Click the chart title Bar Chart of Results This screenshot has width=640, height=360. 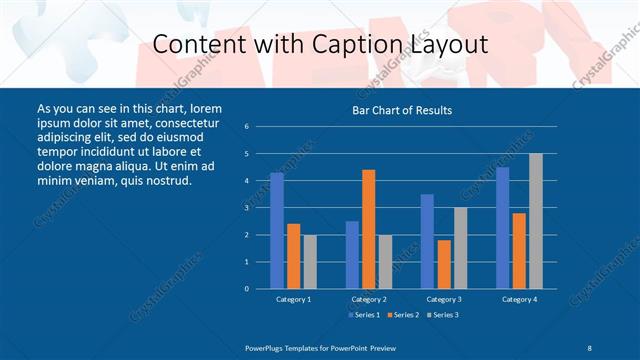(402, 109)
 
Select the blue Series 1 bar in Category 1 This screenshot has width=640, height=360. (277, 231)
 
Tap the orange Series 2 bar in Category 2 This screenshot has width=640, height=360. (369, 229)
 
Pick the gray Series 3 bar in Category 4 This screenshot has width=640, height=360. (536, 221)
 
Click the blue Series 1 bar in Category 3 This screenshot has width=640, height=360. (427, 241)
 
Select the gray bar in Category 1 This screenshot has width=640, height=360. (310, 262)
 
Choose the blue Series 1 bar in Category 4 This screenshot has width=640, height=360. (502, 228)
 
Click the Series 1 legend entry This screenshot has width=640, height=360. (363, 315)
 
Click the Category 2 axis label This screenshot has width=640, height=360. (369, 299)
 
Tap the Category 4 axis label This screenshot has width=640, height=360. (519, 299)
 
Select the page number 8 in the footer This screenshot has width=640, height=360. (589, 346)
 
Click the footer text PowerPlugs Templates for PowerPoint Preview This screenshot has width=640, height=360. (321, 346)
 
